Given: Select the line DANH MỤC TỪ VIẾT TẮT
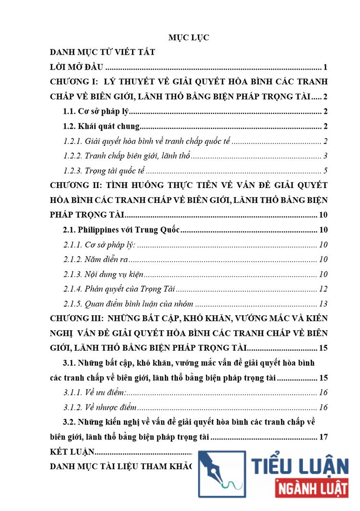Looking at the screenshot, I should (102, 52).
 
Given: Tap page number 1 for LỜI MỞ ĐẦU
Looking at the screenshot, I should (325, 67).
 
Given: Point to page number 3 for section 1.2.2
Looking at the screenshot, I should (325, 156).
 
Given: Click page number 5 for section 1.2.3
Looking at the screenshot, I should (325, 171).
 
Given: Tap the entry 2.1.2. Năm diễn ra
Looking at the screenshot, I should (96, 260).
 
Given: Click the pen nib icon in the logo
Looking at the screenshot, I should (219, 472).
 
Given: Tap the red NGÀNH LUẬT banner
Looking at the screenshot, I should (312, 491).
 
